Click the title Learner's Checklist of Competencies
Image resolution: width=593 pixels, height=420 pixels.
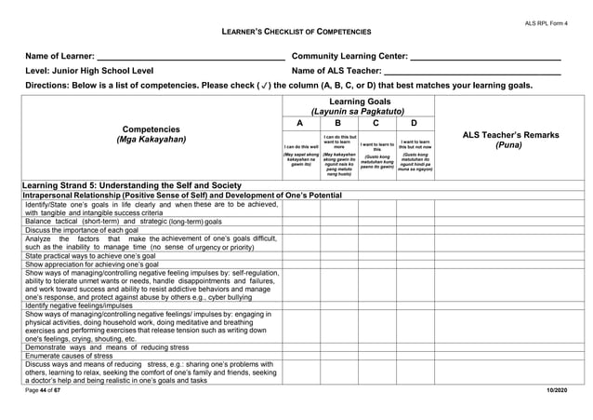pos(296,33)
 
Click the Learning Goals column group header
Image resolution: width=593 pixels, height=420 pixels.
pos(358,105)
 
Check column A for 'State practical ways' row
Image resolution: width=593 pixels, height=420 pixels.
pos(301,255)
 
